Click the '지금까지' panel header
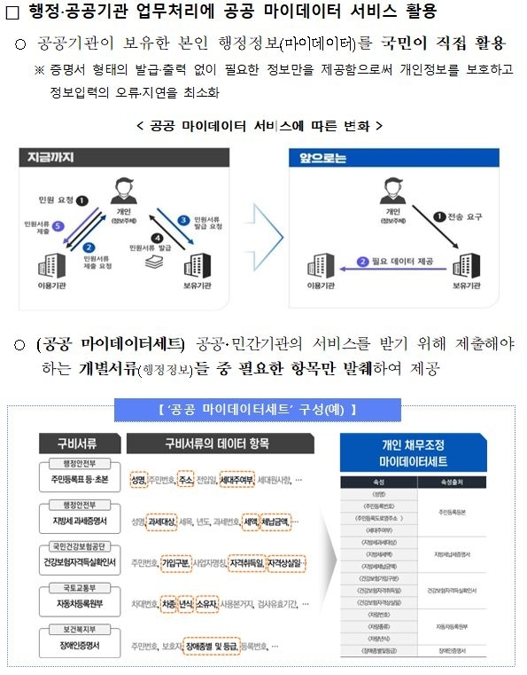coord(47,157)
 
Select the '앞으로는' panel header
coord(321,157)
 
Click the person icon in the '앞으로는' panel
coord(388,191)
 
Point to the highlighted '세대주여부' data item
coord(237,480)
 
